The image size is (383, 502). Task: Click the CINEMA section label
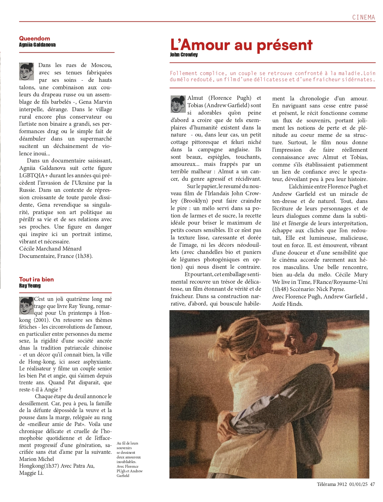coord(363,17)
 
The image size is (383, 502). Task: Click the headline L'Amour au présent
coord(241,45)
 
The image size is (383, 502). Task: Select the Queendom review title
coord(35,38)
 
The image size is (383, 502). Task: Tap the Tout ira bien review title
coord(36,279)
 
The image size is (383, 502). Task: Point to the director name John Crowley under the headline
coord(184,55)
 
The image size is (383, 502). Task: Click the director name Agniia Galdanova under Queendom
coord(37,45)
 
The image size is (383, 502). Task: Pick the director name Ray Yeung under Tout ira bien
coord(30,286)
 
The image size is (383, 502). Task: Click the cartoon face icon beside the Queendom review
coord(27,71)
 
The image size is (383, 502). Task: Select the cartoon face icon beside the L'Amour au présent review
coord(178,104)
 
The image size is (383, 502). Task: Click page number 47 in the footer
coord(372,484)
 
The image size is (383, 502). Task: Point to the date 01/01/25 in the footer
coord(358,484)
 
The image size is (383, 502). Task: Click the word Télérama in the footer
coord(327,484)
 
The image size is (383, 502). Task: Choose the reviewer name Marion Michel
coord(36,459)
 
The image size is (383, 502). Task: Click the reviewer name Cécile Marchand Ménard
coord(50,249)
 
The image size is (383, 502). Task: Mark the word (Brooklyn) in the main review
coord(194,201)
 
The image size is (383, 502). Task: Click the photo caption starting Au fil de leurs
coord(129,459)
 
